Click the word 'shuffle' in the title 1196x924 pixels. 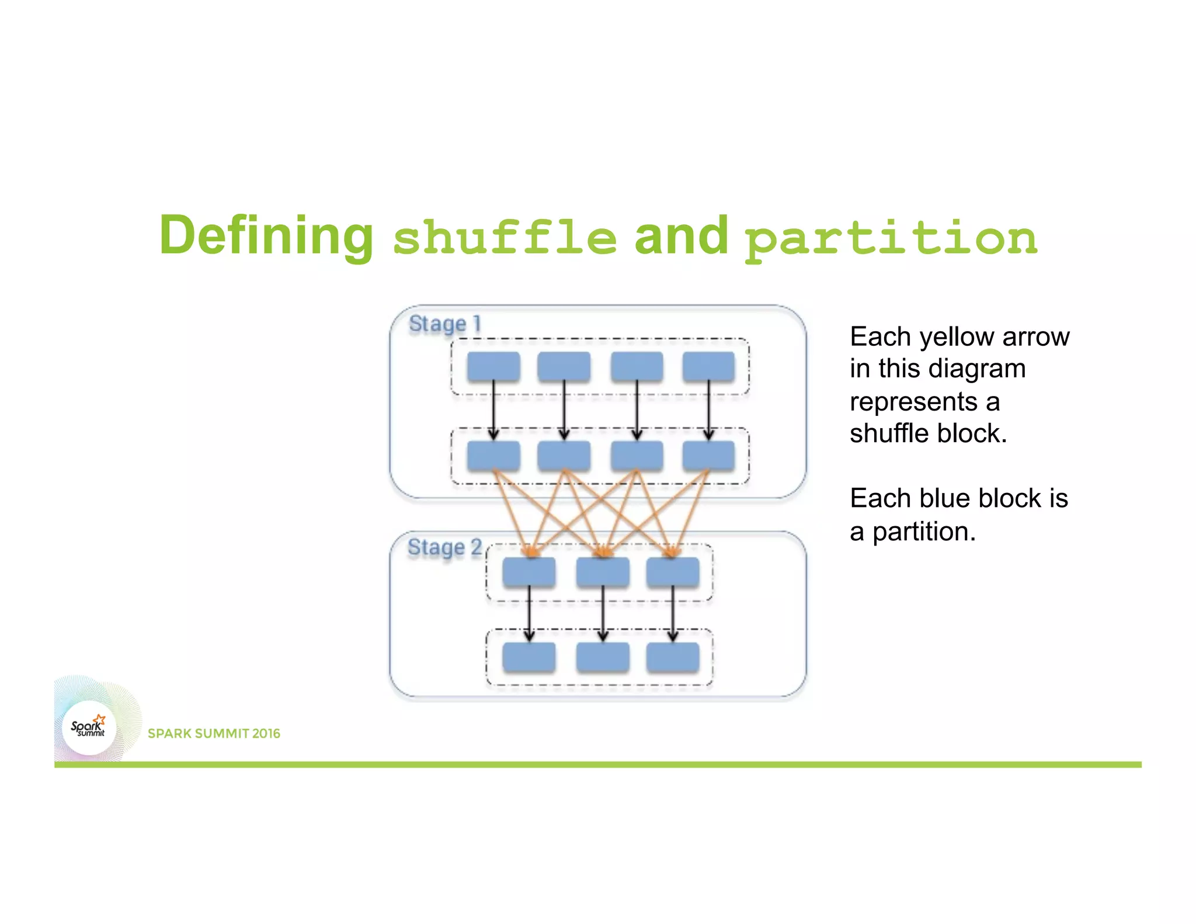pos(505,237)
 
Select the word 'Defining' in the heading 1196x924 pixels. pos(266,235)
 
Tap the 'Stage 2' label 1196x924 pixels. pos(444,547)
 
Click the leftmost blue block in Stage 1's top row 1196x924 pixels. pos(493,367)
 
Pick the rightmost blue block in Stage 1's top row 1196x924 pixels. pos(708,367)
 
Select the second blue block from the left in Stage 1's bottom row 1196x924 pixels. pos(564,456)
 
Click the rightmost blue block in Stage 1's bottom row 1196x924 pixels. pos(708,456)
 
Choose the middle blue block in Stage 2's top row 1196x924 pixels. pos(603,572)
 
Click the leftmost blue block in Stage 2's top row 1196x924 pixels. pos(529,572)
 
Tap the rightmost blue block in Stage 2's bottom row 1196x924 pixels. pos(673,657)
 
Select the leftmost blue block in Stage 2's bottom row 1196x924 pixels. pos(529,657)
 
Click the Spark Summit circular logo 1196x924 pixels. pos(89,728)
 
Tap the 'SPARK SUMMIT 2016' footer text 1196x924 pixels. pos(214,734)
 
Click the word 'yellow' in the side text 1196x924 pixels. pos(958,337)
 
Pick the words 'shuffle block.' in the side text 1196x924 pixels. pos(928,433)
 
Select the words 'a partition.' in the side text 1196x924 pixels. pos(912,532)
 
